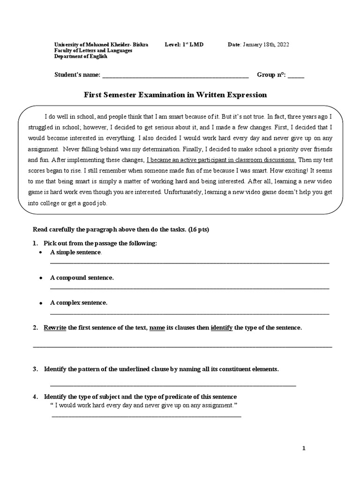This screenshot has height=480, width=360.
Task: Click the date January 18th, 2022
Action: point(265,45)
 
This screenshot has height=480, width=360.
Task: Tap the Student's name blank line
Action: point(175,75)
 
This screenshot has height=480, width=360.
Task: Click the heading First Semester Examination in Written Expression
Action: point(175,95)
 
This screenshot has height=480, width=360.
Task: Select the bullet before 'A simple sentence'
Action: point(41,253)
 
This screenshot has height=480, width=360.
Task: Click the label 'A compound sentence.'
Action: point(82,277)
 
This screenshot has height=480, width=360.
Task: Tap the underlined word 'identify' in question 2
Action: point(222,328)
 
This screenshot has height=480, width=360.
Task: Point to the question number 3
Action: point(35,369)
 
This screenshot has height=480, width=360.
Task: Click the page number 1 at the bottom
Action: point(304,448)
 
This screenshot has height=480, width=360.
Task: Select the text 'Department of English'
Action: point(81,56)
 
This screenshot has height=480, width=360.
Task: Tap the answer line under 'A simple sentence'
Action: point(189,263)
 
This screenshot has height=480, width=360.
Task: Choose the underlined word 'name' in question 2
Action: point(157,328)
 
